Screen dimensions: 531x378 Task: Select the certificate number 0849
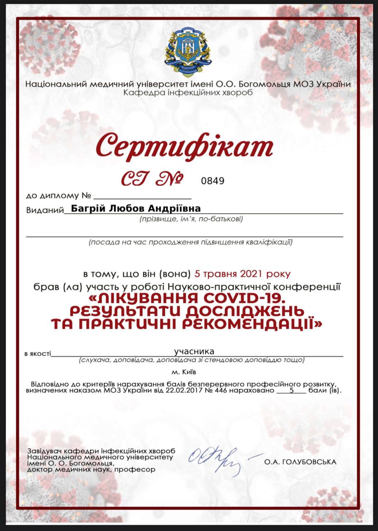[x=213, y=180]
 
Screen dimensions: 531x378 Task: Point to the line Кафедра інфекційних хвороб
[x=188, y=92]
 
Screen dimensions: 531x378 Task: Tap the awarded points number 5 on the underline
[x=292, y=390]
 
